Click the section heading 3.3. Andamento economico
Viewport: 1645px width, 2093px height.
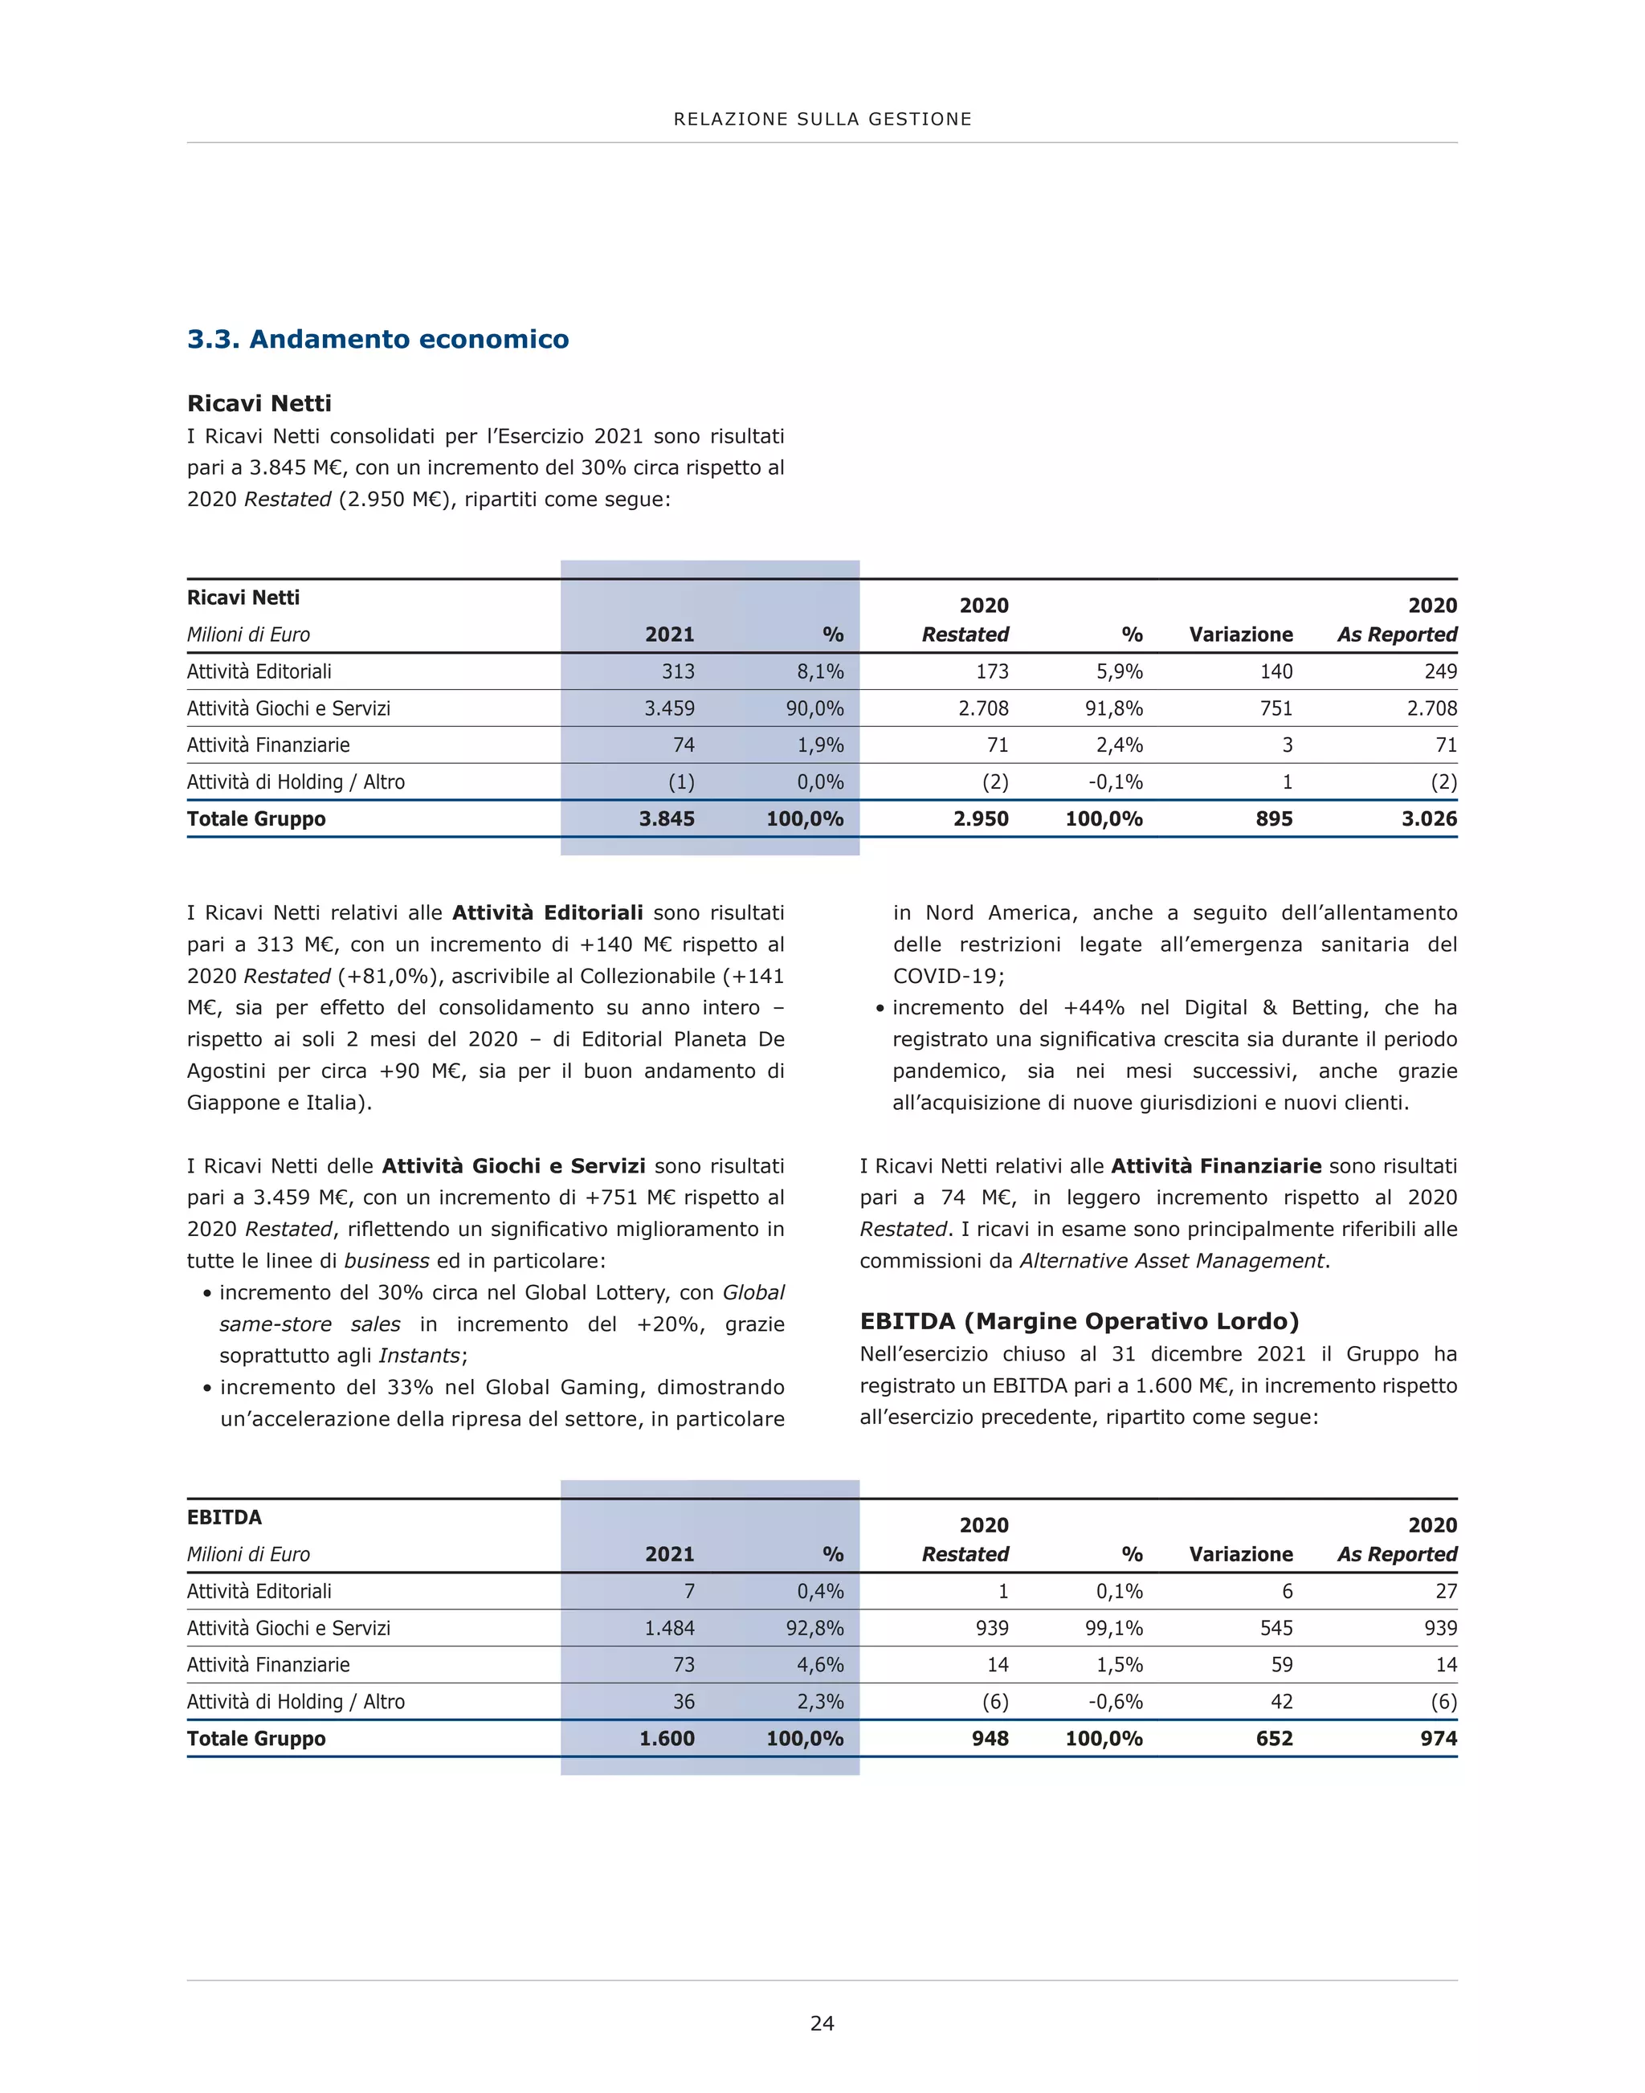[x=378, y=339]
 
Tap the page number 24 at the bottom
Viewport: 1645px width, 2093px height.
[x=822, y=2022]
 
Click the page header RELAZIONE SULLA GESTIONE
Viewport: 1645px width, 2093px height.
[x=822, y=120]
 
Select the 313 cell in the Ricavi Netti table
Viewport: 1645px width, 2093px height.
[x=678, y=671]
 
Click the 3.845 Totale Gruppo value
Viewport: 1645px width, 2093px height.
[x=667, y=818]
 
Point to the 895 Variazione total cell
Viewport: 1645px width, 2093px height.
[x=1273, y=818]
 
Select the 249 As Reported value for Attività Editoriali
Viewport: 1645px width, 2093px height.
[x=1441, y=671]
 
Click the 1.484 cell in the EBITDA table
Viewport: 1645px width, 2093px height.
[x=669, y=1628]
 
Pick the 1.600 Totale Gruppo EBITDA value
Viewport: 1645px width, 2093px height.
[x=667, y=1739]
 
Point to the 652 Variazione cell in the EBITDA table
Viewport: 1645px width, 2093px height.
[x=1273, y=1739]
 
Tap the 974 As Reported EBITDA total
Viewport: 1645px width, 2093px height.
[x=1438, y=1739]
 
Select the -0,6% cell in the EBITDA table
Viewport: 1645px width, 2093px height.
[x=1116, y=1702]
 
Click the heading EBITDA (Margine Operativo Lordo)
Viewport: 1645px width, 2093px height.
[x=1079, y=1320]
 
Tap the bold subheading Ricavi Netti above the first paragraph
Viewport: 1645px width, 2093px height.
[x=259, y=403]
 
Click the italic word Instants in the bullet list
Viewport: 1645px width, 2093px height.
[x=420, y=1355]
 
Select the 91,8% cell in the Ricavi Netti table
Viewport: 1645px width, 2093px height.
[x=1113, y=708]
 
